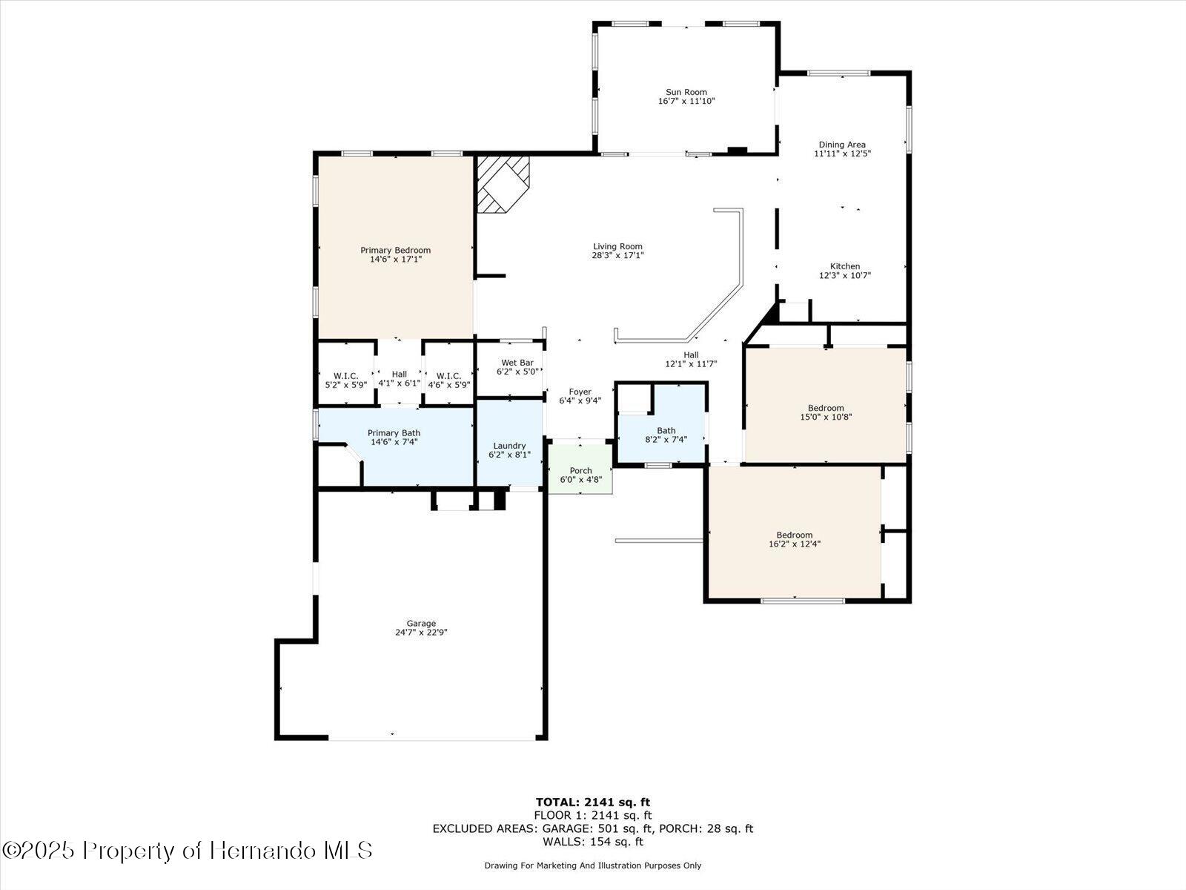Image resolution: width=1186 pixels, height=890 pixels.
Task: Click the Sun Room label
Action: (x=686, y=92)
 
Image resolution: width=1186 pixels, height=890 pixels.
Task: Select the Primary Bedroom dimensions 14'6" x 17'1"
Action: (x=395, y=260)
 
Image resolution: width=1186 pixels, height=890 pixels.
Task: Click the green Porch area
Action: (x=580, y=470)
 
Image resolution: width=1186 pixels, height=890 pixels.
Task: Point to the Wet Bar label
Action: (x=517, y=363)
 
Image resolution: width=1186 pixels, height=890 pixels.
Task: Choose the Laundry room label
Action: (x=509, y=446)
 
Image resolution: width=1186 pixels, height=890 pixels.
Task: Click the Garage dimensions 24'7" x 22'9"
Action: (x=421, y=633)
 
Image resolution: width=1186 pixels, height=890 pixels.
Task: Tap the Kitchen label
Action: (x=844, y=266)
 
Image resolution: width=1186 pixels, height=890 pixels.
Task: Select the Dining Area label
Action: (x=841, y=145)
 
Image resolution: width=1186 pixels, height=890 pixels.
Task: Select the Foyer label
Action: (x=580, y=392)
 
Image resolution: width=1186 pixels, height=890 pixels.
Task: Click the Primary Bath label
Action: (x=394, y=433)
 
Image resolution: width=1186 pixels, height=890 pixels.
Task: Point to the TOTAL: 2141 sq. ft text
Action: (x=592, y=802)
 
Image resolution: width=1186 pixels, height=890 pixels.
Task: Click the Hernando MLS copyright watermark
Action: (x=187, y=850)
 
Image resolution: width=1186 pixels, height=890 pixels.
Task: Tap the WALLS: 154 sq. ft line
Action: (x=592, y=842)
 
